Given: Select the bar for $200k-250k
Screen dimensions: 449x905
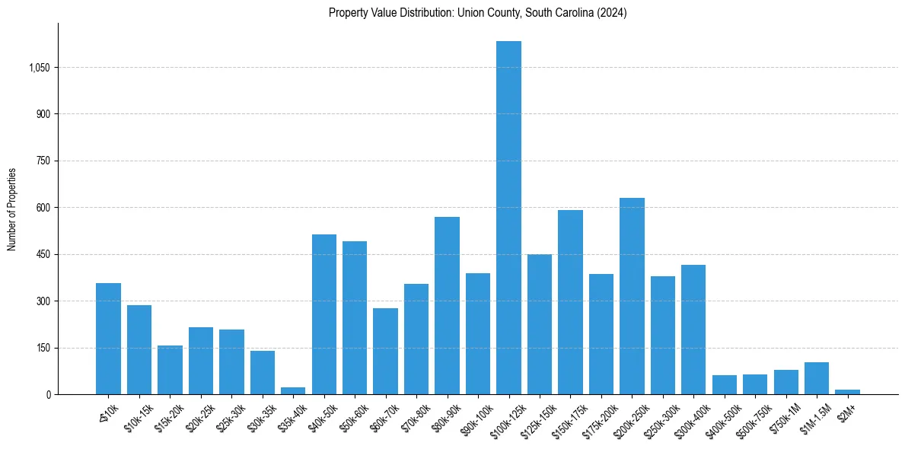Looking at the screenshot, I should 632,296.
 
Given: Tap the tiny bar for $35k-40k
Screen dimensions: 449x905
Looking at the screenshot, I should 293,391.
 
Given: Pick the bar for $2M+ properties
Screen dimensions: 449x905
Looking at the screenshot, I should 847,392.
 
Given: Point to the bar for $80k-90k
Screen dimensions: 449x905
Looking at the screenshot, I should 447,305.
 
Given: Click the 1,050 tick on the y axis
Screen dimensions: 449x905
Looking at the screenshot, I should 39,68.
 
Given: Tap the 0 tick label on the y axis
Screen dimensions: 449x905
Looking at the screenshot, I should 48,394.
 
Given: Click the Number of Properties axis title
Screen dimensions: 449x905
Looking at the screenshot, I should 12,209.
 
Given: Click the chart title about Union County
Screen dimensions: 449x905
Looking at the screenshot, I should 477,13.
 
